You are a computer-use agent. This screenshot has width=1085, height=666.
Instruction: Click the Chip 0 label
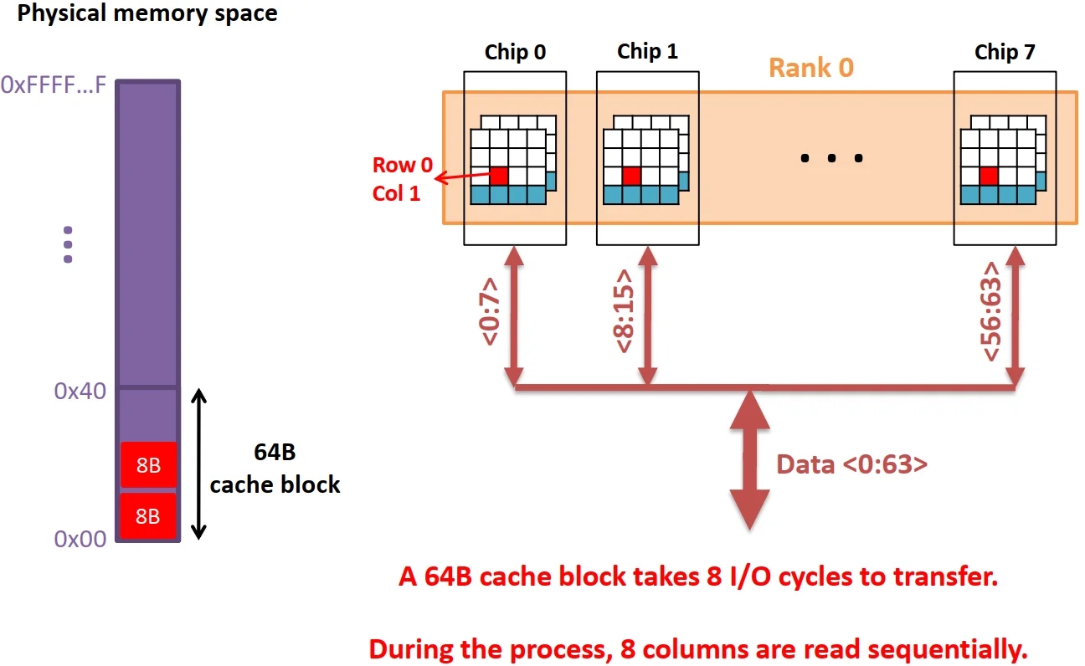click(515, 53)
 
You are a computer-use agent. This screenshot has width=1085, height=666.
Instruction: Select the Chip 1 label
click(647, 52)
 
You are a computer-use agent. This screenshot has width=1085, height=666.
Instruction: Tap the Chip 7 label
click(1005, 52)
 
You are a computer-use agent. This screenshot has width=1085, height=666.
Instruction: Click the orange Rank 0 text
click(810, 68)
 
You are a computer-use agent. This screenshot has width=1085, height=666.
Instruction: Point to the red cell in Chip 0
click(499, 176)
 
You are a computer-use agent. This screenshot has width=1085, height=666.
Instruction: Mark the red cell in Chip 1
click(631, 176)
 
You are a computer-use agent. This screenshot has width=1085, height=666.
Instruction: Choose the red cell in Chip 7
click(989, 176)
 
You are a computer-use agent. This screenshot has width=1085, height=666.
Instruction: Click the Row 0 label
click(403, 165)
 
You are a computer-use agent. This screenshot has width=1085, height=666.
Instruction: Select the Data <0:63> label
click(851, 464)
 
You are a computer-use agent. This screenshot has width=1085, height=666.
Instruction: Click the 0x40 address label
click(80, 392)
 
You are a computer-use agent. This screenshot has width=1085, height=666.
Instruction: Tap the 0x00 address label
click(80, 539)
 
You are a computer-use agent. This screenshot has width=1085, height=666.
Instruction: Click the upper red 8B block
click(148, 465)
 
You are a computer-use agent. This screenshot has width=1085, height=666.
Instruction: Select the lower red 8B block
click(148, 516)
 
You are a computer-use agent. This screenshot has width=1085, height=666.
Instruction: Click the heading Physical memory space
click(147, 13)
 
